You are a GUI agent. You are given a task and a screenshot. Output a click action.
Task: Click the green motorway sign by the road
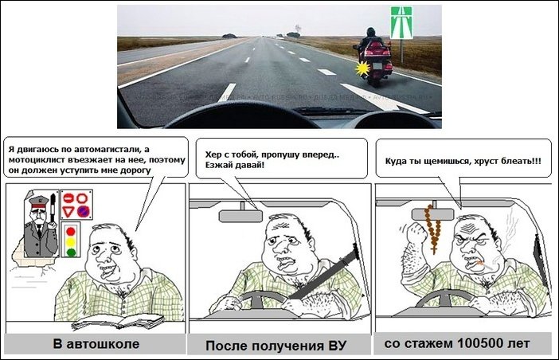401,22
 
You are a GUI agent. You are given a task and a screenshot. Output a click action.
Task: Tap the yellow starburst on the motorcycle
362,68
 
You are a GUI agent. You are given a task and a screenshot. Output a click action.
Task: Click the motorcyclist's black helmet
371,32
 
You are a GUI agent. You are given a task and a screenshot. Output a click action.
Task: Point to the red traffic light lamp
71,232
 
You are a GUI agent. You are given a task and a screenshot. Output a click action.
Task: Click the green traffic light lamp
71,252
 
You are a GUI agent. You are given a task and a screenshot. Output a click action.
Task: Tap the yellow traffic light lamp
71,242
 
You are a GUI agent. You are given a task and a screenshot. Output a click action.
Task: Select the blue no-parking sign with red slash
84,212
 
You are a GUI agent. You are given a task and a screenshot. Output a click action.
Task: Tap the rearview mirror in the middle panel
240,216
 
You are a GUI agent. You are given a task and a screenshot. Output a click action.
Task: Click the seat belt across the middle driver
323,272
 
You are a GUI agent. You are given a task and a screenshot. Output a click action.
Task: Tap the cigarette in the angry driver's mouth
486,265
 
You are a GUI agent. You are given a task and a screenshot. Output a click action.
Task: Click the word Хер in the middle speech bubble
213,155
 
